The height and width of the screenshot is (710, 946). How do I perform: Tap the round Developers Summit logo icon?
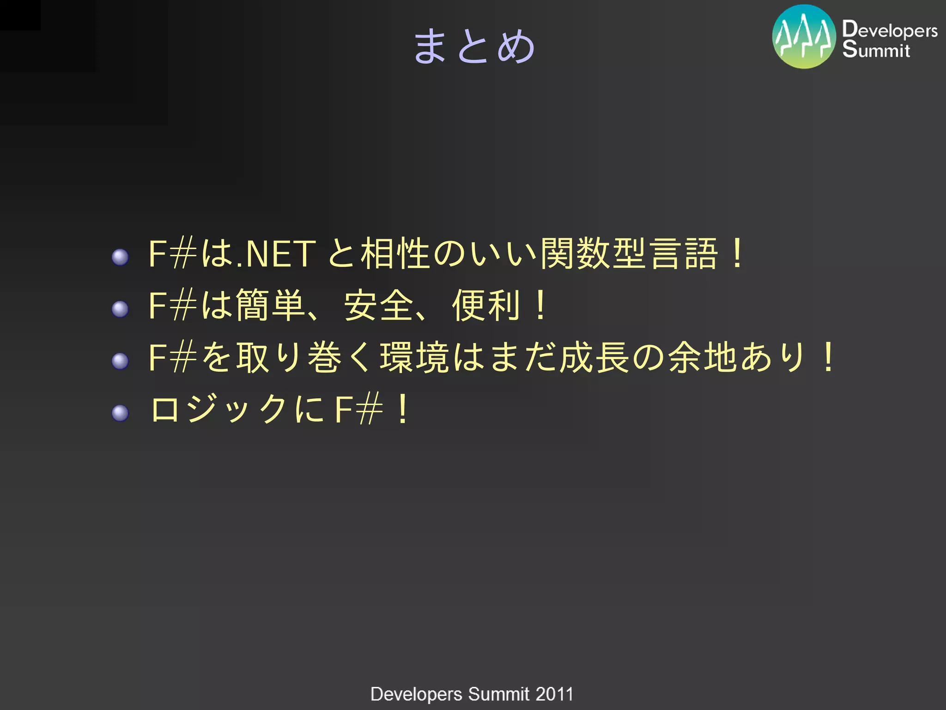[x=804, y=37]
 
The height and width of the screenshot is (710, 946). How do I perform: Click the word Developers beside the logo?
[x=890, y=30]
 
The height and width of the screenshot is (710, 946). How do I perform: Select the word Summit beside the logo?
[x=876, y=49]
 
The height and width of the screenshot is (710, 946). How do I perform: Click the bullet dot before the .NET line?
[x=120, y=257]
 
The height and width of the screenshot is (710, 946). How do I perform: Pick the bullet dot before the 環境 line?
[x=120, y=361]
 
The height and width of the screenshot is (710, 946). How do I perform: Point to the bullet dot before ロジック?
[x=120, y=413]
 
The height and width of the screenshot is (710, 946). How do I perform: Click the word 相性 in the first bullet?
[x=395, y=253]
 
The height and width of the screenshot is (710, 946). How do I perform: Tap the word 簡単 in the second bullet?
[x=270, y=305]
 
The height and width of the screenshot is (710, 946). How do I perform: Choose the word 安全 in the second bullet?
[x=378, y=305]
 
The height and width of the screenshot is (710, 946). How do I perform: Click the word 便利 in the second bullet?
[x=486, y=305]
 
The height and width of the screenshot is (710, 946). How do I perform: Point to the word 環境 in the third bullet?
[x=414, y=357]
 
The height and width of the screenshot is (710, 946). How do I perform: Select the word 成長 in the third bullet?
[x=594, y=357]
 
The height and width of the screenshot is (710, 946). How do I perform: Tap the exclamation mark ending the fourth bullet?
[x=403, y=409]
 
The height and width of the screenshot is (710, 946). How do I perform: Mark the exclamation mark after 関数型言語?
[x=738, y=253]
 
